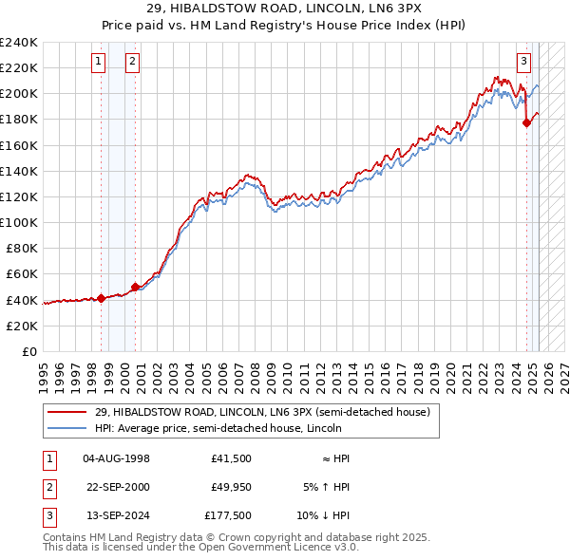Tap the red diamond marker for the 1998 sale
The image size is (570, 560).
click(102, 298)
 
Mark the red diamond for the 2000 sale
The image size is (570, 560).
click(135, 287)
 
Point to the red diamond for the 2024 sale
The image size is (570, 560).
click(527, 121)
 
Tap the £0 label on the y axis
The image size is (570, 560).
click(29, 351)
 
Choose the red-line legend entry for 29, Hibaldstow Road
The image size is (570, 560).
click(262, 412)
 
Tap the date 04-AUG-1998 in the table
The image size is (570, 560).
click(116, 458)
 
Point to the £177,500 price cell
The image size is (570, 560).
click(228, 515)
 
